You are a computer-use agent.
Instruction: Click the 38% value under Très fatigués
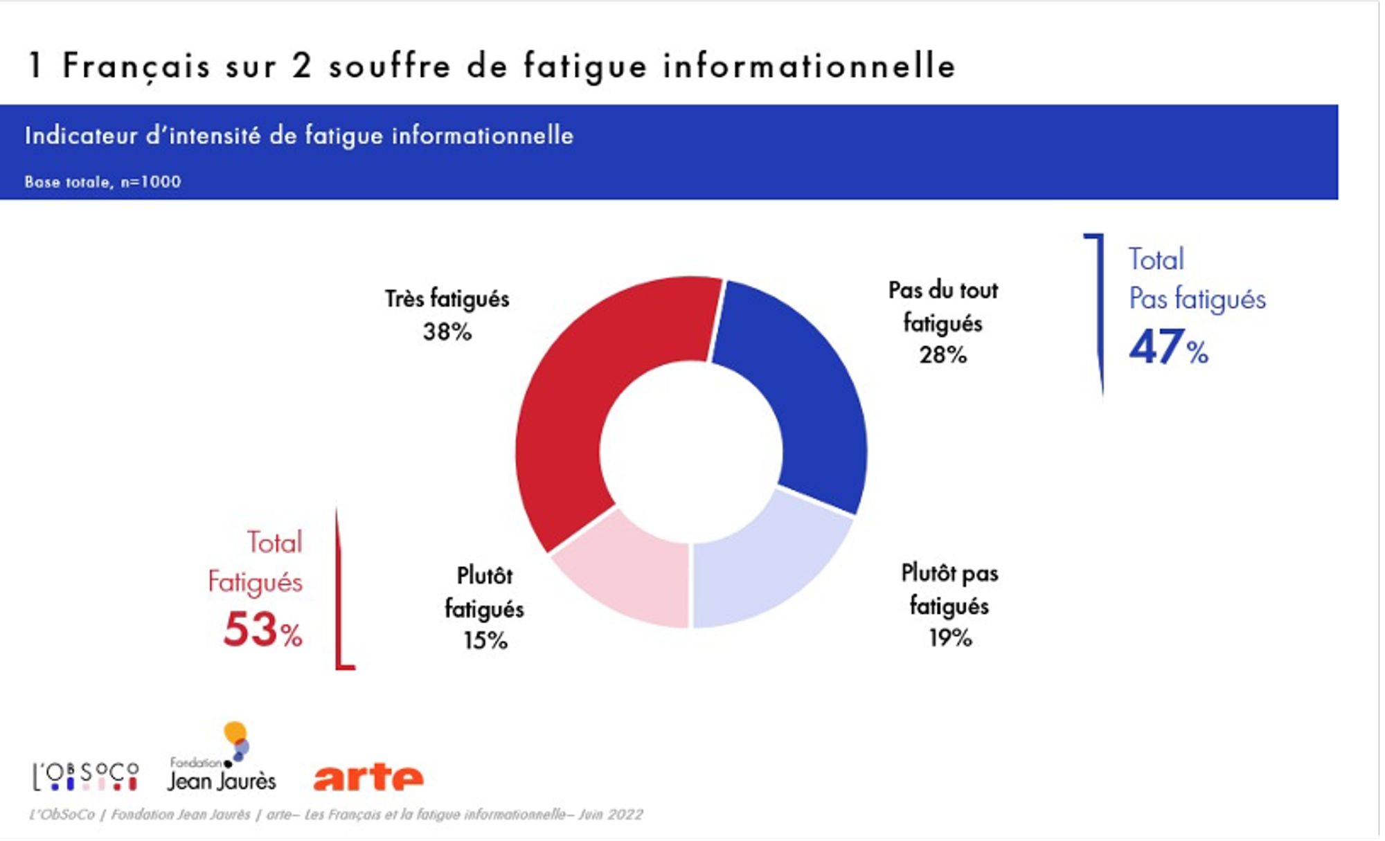[x=447, y=332]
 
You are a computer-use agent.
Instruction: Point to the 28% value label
[x=942, y=355]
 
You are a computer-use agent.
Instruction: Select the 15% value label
[x=485, y=640]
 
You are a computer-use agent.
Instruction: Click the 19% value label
[x=950, y=637]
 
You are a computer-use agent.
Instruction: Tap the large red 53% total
[x=262, y=630]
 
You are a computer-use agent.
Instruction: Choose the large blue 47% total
[x=1168, y=347]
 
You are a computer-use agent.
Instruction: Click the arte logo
[x=368, y=777]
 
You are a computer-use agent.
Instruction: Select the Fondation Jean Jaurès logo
[x=222, y=761]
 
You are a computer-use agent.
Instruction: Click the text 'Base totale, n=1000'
[x=102, y=182]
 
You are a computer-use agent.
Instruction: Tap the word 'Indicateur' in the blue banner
[x=81, y=136]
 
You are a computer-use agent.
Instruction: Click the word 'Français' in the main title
[x=136, y=66]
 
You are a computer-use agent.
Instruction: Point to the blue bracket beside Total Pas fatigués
[x=1099, y=311]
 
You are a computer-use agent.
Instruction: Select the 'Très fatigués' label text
[x=447, y=299]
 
